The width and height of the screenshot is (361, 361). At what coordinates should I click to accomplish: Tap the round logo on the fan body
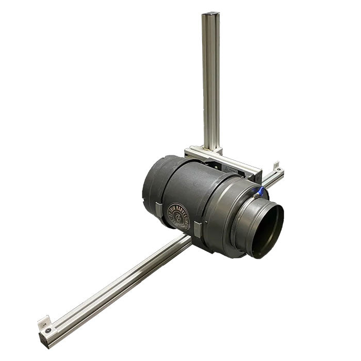pyautogui.click(x=178, y=217)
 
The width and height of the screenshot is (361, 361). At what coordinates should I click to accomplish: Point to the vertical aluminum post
pyautogui.click(x=210, y=77)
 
